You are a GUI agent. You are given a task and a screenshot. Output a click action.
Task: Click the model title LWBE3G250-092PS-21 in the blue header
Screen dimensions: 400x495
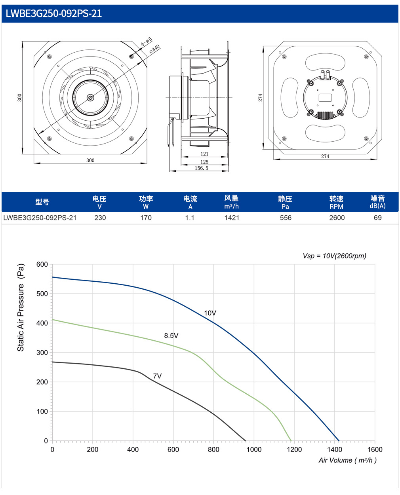tap(54, 13)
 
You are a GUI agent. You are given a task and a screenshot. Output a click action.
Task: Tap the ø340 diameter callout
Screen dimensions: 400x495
tap(154, 49)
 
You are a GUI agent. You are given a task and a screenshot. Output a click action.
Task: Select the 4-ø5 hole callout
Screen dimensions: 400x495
tap(146, 42)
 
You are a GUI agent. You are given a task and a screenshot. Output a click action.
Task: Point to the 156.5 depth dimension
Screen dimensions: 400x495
tap(202, 168)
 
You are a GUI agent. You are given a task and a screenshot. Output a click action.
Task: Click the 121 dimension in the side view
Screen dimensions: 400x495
tap(204, 154)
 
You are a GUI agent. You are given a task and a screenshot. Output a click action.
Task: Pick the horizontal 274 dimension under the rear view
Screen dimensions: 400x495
tap(325, 156)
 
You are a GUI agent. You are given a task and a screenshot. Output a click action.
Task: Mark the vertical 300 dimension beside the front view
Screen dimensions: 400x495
tap(20, 98)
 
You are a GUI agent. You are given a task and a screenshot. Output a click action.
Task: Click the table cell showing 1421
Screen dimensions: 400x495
tap(232, 218)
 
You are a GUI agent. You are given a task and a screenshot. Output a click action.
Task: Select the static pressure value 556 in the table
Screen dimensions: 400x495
tap(286, 218)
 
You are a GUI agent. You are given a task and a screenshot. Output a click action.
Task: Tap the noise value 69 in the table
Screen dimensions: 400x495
tap(378, 218)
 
